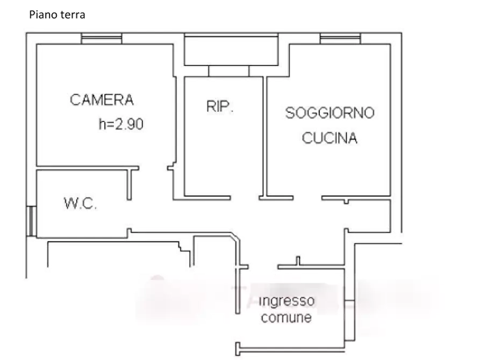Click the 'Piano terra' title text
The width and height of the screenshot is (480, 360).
coord(57,15)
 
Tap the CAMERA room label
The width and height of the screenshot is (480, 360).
coord(102,100)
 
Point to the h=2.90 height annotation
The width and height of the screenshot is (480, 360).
coord(121,124)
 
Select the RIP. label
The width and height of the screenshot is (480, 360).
coord(220,106)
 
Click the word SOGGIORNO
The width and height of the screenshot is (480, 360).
coord(329,113)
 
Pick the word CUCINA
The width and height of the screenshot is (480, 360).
coord(329,138)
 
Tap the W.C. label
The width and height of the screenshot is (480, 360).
coord(80,204)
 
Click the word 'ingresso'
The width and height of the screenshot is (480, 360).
coord(286,300)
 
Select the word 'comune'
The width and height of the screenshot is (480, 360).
coord(286,317)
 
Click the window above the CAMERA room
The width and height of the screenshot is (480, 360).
coord(102,39)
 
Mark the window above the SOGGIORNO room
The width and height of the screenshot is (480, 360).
coord(340,39)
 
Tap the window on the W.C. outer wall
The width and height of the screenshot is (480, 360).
coord(32,221)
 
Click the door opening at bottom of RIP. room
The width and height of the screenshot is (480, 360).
coord(245,198)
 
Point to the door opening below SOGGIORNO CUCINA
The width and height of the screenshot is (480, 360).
coord(307,198)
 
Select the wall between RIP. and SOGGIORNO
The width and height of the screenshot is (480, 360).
coord(265,136)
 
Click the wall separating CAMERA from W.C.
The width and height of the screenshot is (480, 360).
coord(88,168)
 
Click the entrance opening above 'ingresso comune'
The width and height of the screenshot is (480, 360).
coord(263,267)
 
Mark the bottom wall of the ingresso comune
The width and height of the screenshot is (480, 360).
coord(290,348)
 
